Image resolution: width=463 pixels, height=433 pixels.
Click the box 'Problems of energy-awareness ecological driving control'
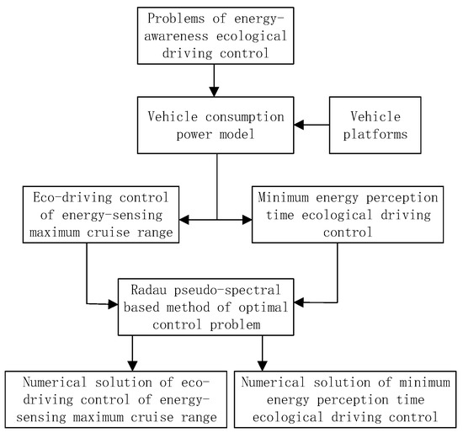(217, 35)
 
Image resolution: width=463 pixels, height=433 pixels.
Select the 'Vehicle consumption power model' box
(217, 126)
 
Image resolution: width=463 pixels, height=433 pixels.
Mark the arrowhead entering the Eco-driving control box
(185, 221)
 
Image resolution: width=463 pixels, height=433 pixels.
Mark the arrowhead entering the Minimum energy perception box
(247, 221)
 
